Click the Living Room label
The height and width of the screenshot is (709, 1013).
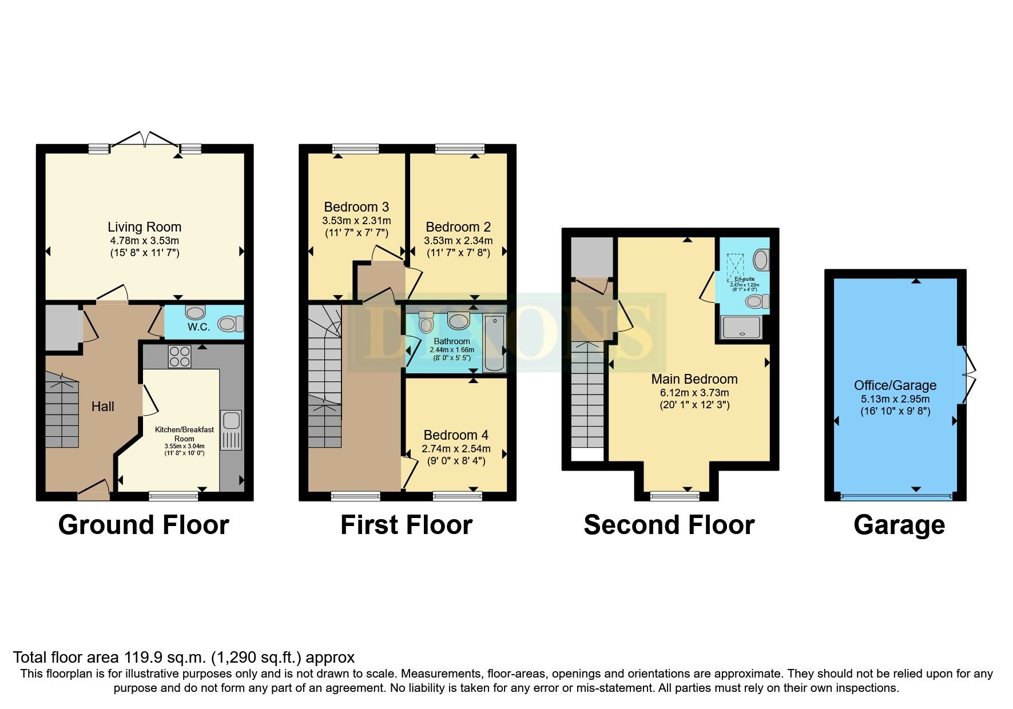click(x=144, y=227)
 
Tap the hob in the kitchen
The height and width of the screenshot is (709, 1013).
click(x=179, y=357)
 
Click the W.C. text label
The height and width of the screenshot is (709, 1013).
click(x=198, y=327)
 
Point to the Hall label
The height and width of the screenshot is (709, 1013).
click(x=103, y=407)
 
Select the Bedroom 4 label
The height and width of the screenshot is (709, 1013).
click(x=456, y=435)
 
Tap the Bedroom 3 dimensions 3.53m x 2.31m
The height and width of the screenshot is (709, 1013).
click(x=356, y=221)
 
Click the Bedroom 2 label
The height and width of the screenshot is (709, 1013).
click(x=458, y=227)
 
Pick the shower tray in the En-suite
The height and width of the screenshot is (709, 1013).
click(x=741, y=328)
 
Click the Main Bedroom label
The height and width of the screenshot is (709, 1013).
click(x=694, y=379)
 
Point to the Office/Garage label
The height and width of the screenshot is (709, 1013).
click(x=895, y=385)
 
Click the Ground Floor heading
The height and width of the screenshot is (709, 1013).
click(x=144, y=525)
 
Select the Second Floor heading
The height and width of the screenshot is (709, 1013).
click(x=669, y=525)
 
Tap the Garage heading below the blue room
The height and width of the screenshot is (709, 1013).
click(x=899, y=525)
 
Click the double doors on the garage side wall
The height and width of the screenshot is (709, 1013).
click(x=968, y=375)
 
